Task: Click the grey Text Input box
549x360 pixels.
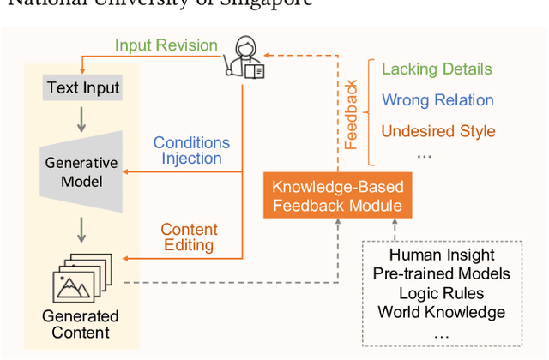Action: click(83, 87)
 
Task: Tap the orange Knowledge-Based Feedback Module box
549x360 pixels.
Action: click(338, 196)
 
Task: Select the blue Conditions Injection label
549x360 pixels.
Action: click(191, 151)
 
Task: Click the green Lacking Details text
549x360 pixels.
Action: click(437, 69)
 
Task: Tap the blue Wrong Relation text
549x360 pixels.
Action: click(437, 100)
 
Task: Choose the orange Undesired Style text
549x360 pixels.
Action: click(437, 131)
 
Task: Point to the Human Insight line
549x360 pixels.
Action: click(442, 255)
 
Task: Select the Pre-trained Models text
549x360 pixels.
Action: click(442, 273)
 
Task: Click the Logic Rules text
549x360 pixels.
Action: click(442, 293)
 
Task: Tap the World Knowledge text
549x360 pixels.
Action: click(442, 312)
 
